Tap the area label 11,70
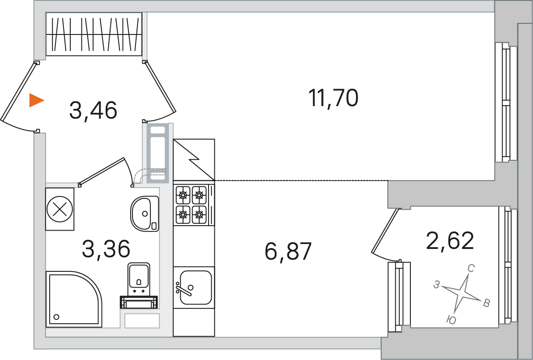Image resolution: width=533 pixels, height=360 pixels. pos(333,98)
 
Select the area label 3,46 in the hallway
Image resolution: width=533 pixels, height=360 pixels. pos(93,110)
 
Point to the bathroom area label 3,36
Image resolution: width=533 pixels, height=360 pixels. pos(106,249)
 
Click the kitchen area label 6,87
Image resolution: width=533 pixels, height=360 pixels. pos(288,251)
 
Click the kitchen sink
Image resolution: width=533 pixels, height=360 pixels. pos(194,287)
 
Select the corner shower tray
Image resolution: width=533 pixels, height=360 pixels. pos(74,299)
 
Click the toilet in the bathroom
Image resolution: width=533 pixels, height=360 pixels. pos(139,285)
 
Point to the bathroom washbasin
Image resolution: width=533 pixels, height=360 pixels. pos(145,214)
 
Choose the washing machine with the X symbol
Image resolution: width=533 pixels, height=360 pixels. pos(60,209)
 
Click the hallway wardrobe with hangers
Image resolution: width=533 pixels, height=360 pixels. pos(94,34)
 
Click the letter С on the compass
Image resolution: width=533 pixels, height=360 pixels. pos(471,269)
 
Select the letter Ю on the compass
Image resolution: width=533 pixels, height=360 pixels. pos(451,320)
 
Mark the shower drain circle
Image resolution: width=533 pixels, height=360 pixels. pos(56,317)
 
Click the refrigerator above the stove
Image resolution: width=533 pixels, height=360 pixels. pos(194,159)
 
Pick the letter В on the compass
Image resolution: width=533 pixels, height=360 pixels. pos(486,303)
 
